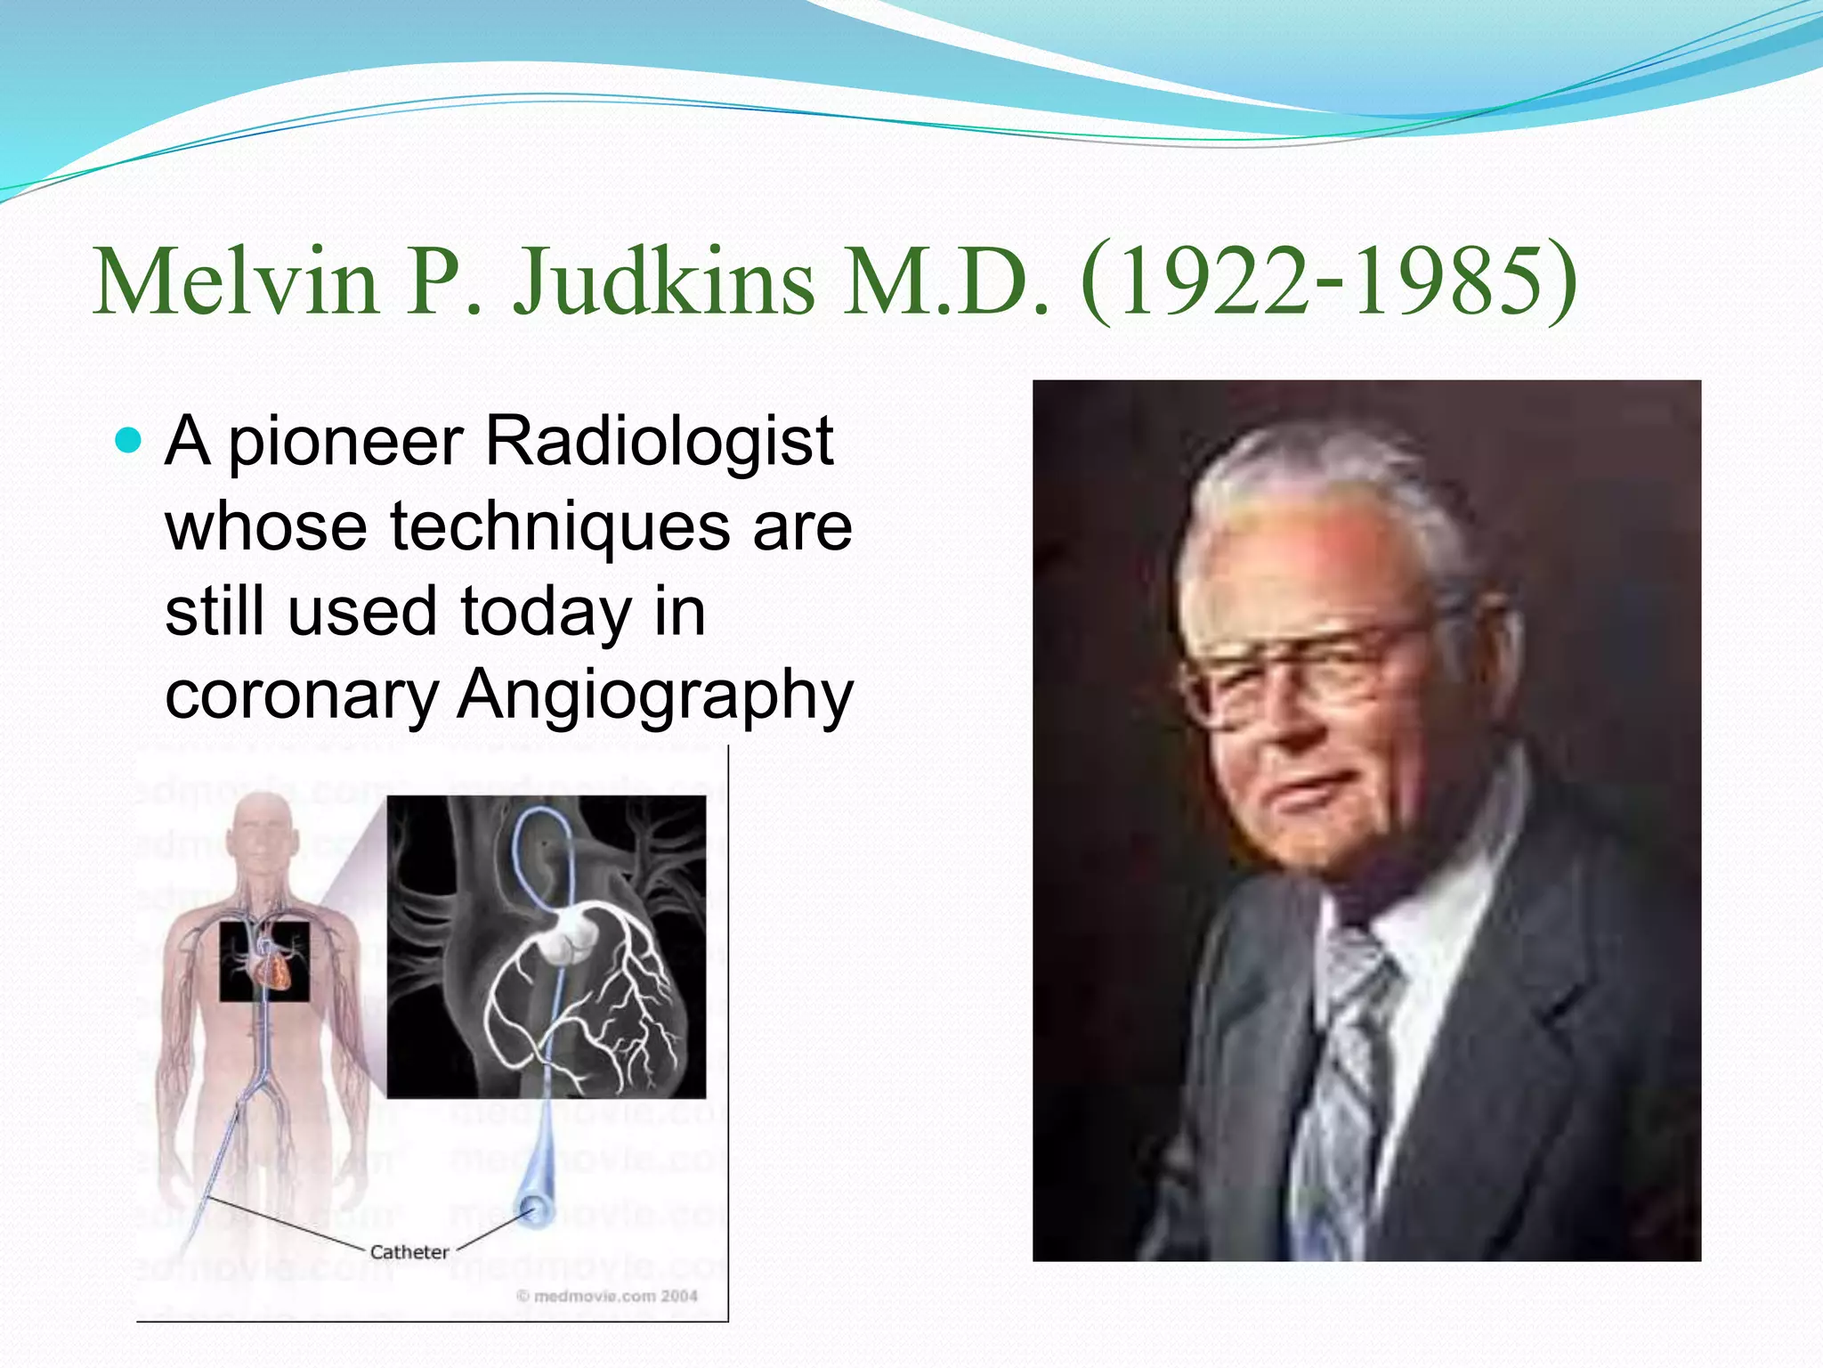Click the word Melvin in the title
[237, 283]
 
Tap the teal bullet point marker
[129, 440]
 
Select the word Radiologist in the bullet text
[659, 442]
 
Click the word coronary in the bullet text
[302, 696]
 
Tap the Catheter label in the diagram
[409, 1252]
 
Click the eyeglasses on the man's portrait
[1309, 677]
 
